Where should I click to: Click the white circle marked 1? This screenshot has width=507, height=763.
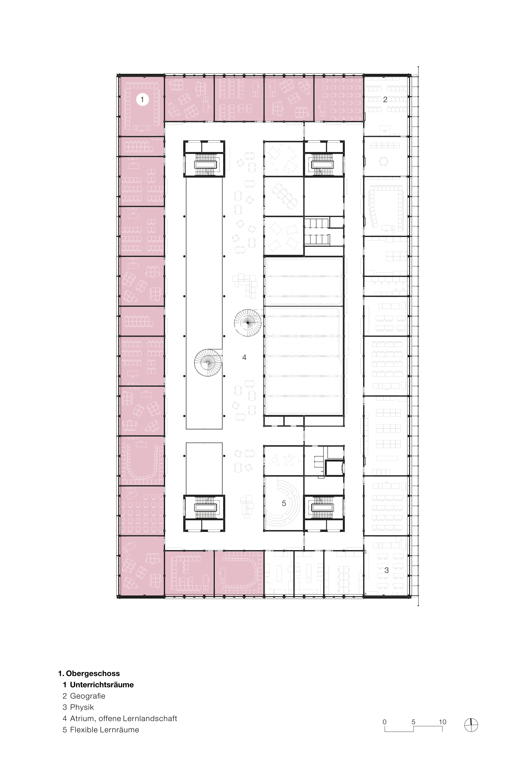(142, 99)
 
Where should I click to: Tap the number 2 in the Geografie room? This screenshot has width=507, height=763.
(385, 100)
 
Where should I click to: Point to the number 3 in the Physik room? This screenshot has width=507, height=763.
(386, 570)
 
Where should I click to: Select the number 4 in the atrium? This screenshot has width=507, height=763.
(244, 357)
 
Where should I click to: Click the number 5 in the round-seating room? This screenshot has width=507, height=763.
(284, 503)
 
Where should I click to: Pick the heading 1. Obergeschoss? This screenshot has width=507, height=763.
(89, 673)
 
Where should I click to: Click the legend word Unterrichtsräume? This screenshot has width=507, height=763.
(102, 685)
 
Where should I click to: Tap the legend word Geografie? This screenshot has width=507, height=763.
(88, 696)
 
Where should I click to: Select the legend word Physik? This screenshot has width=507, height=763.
(82, 707)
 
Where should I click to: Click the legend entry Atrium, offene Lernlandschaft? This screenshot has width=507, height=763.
(124, 718)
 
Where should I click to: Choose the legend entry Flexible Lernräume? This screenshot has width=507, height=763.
(105, 730)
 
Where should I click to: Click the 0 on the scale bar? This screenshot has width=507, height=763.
(384, 721)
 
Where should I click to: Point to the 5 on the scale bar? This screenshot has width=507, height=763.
(414, 721)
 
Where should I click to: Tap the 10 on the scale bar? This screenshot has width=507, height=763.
(442, 721)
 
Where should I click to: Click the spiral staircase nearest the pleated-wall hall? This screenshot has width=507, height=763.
(248, 323)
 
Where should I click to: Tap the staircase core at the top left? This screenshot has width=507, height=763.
(204, 159)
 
